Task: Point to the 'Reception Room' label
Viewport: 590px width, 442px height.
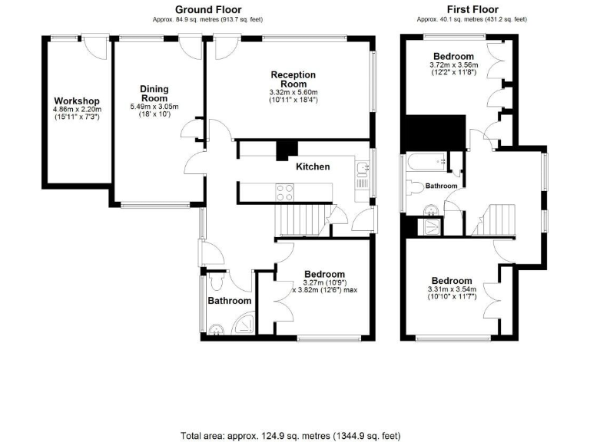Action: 293,79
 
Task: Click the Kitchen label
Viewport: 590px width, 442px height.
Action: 313,167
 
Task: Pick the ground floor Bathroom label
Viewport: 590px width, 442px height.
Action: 230,301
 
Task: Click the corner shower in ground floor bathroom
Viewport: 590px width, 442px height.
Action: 245,325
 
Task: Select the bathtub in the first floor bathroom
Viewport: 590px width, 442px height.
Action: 425,163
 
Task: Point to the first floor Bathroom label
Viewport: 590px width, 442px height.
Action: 442,186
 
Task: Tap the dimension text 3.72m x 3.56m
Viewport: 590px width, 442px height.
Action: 453,65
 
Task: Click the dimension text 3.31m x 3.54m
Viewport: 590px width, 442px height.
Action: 452,289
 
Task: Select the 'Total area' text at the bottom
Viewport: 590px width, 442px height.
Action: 290,435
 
